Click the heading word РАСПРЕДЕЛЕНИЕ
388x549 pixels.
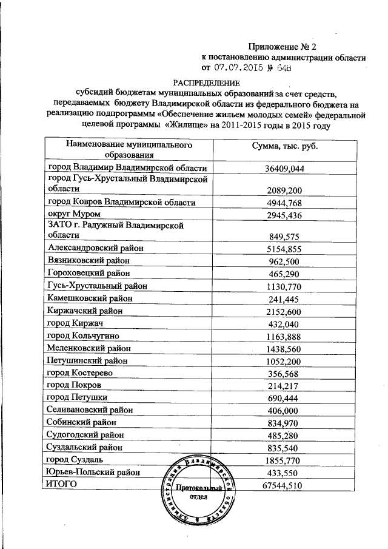click(206, 82)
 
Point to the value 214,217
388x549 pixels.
click(284, 385)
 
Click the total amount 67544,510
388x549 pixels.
click(284, 485)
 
